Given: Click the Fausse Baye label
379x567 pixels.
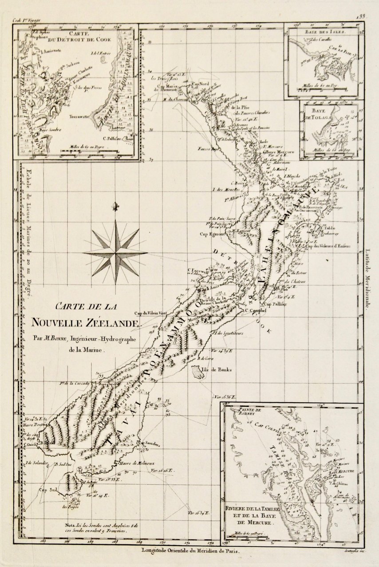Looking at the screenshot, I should pos(207,149).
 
